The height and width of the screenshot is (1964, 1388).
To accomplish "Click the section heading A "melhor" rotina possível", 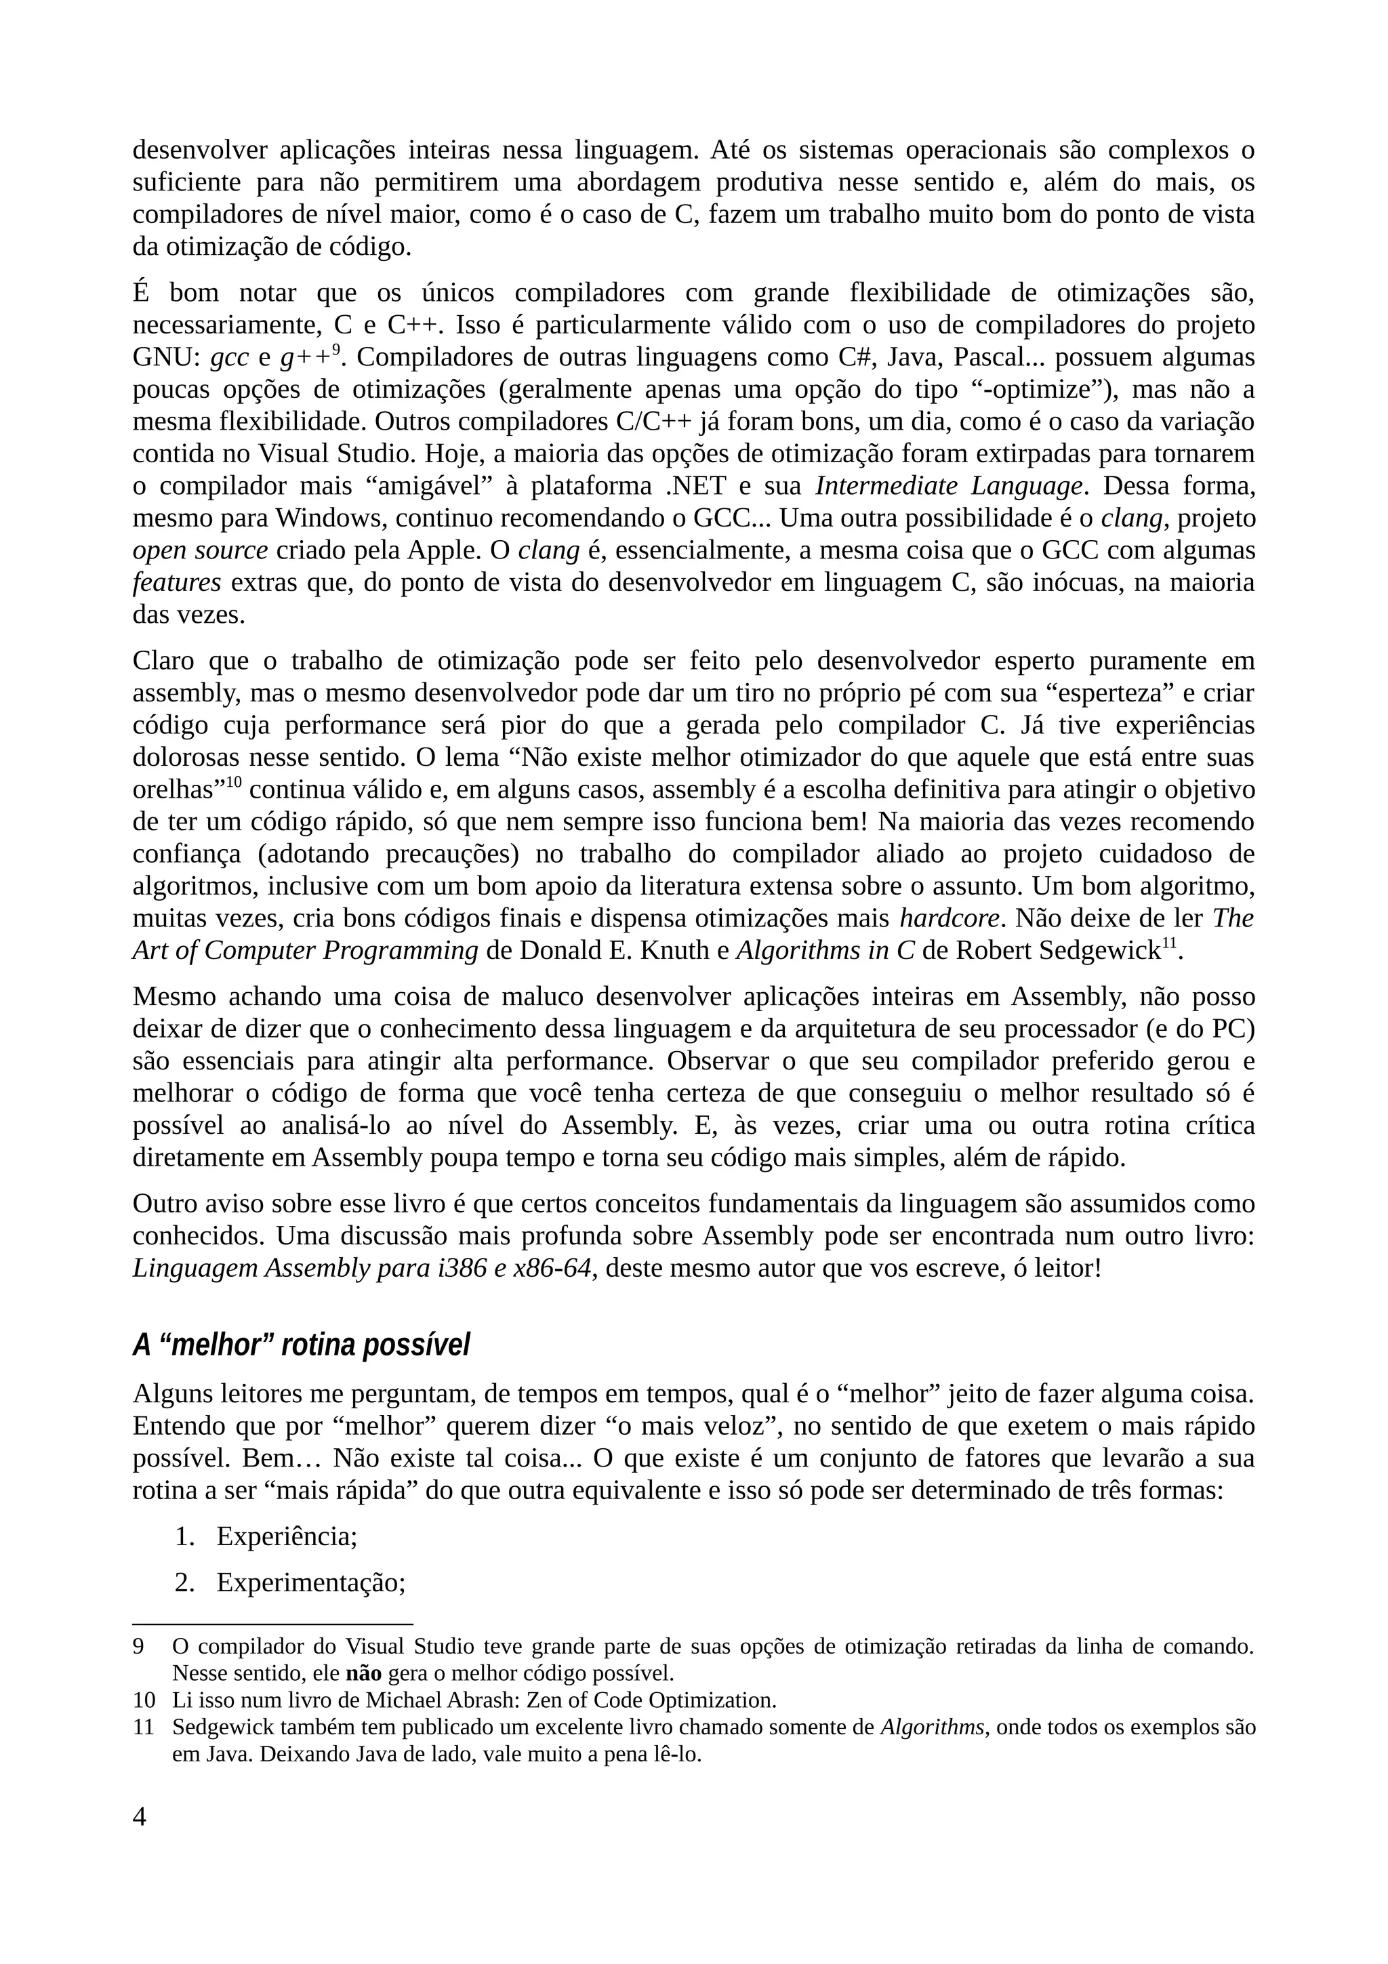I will click(x=301, y=1345).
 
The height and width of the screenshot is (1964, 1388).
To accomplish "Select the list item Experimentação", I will click(x=310, y=1582).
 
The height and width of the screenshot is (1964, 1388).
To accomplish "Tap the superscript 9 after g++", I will click(x=336, y=349).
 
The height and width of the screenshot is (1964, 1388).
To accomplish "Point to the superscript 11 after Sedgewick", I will click(x=1169, y=943).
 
